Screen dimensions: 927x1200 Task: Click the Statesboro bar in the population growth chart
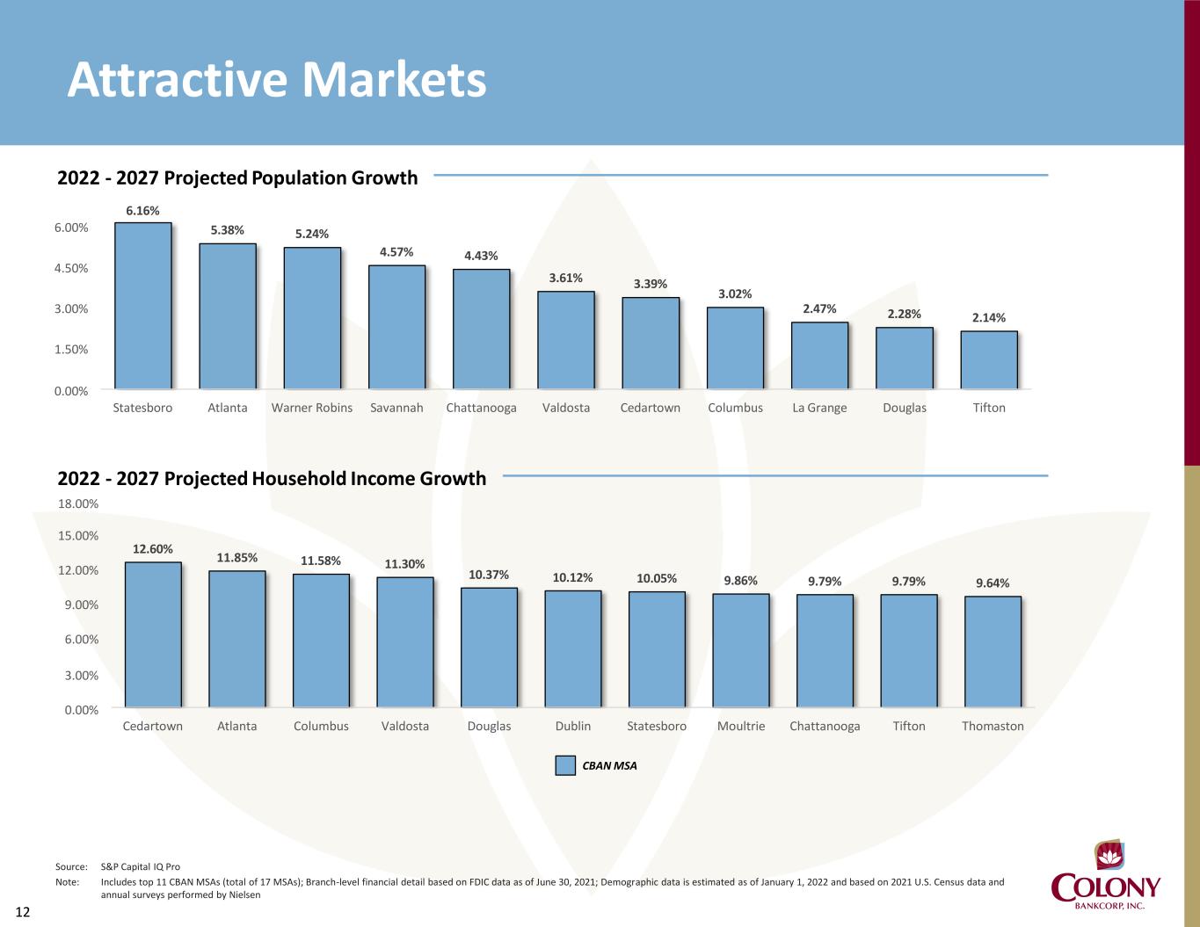tap(143, 306)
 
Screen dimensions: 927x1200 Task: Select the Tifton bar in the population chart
tap(989, 360)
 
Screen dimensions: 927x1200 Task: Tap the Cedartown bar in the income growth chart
tap(153, 634)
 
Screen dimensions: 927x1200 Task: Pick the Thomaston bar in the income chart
tap(993, 651)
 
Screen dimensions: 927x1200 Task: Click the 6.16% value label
tap(142, 211)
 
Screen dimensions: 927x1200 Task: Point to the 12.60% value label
tap(153, 549)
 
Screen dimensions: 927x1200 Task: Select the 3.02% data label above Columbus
tap(735, 294)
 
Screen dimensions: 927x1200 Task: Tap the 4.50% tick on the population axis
tap(71, 268)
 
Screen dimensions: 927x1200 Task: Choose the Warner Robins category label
tap(312, 408)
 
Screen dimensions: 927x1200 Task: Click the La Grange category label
tap(819, 408)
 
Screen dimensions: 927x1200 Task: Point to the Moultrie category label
tap(741, 726)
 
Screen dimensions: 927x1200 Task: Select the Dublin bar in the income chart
tap(573, 648)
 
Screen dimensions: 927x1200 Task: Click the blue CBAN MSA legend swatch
tap(565, 765)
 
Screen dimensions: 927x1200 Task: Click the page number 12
tap(23, 912)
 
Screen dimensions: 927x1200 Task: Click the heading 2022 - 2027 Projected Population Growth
tap(237, 177)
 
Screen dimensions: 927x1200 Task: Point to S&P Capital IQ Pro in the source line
tap(141, 867)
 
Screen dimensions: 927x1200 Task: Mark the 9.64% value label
tap(993, 583)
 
